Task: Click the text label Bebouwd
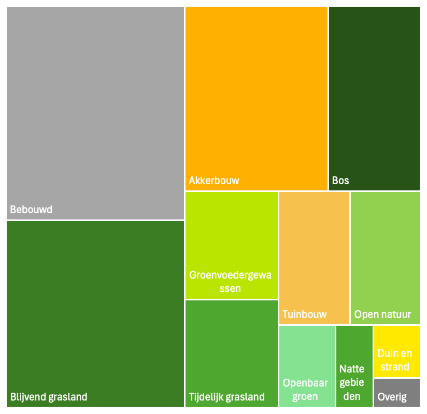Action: [x=32, y=210]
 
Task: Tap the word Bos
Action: [x=340, y=181]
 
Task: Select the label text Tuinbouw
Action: [x=305, y=314]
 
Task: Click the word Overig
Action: [x=392, y=397]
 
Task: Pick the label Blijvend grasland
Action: [x=49, y=397]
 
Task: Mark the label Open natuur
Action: [x=382, y=314]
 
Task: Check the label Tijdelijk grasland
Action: [x=226, y=397]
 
